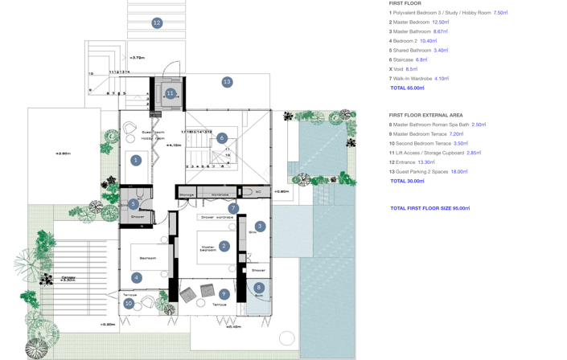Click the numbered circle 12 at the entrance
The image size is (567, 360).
[x=157, y=23]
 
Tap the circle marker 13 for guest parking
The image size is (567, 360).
[x=227, y=82]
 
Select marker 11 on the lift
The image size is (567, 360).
[x=170, y=93]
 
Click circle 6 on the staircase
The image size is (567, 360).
[x=222, y=138]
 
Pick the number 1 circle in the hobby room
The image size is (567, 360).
[x=136, y=160]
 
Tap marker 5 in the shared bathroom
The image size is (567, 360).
[x=134, y=204]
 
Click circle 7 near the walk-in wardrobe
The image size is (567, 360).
[x=233, y=208]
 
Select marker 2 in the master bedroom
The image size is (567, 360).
[x=224, y=246]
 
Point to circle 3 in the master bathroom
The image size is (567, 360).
[x=260, y=227]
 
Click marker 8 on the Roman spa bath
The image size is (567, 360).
[x=258, y=287]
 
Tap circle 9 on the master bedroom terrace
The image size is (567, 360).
[x=224, y=294]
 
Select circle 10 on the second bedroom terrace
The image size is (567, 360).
[x=129, y=304]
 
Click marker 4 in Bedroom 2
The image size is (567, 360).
[x=136, y=278]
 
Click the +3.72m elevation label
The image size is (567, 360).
[x=138, y=58]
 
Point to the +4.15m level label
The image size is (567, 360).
[x=174, y=145]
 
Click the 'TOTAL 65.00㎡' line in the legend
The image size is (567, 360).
[x=407, y=88]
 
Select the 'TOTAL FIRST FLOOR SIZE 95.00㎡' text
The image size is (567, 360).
[x=429, y=208]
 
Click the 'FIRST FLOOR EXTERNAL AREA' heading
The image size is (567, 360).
[x=425, y=115]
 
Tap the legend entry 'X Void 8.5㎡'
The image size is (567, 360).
[x=403, y=69]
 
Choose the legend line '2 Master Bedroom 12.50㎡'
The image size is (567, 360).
[x=418, y=22]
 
